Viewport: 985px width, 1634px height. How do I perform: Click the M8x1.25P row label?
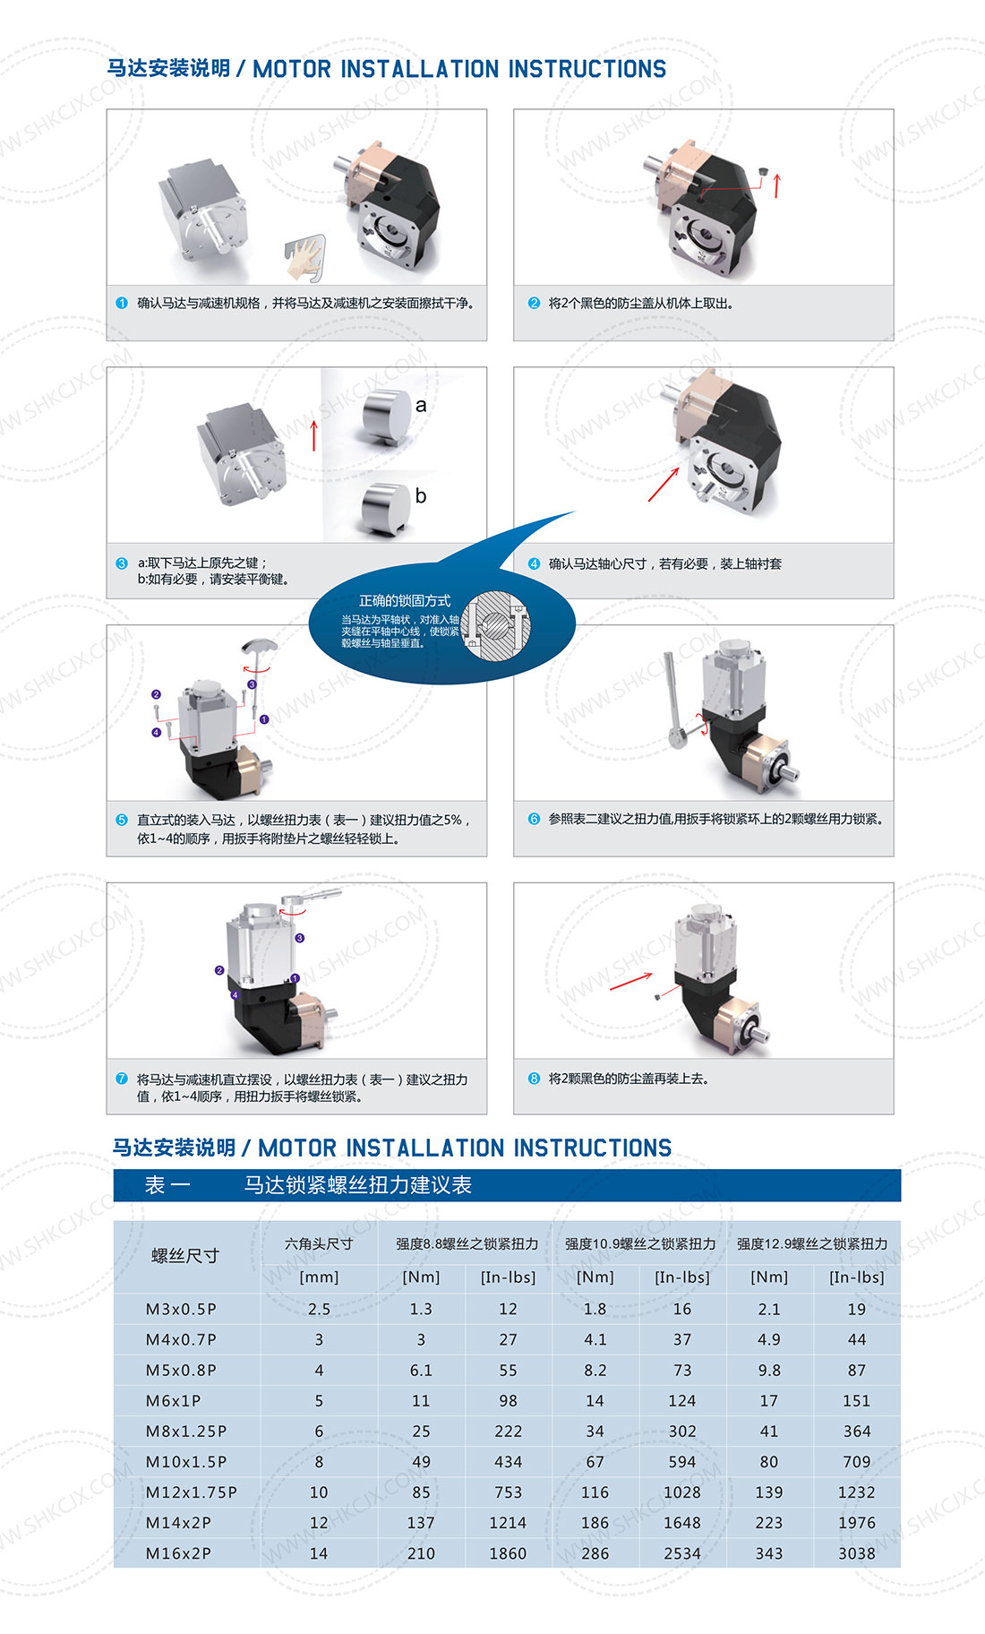point(186,1432)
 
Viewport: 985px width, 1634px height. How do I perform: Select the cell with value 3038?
point(857,1553)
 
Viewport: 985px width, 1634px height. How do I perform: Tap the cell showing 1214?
point(508,1523)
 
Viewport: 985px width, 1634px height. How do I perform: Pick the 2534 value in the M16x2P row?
point(682,1553)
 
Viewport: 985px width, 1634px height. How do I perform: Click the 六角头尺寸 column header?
point(319,1243)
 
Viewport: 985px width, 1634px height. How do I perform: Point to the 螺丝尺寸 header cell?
point(185,1256)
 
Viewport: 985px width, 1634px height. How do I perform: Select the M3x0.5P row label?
point(181,1310)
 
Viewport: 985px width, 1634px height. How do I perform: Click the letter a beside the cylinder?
point(421,405)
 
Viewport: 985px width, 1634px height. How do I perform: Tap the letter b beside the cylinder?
point(421,495)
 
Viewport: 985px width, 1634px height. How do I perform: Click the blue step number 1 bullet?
point(122,303)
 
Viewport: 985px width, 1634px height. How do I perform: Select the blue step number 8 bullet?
point(534,1079)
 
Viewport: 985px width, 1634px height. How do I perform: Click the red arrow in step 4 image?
point(664,484)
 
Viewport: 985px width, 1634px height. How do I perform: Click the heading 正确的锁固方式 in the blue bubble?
point(405,600)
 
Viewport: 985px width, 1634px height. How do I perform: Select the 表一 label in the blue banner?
point(167,1185)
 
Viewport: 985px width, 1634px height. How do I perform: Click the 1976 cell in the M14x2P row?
point(857,1523)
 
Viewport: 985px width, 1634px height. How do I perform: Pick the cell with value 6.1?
point(421,1371)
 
